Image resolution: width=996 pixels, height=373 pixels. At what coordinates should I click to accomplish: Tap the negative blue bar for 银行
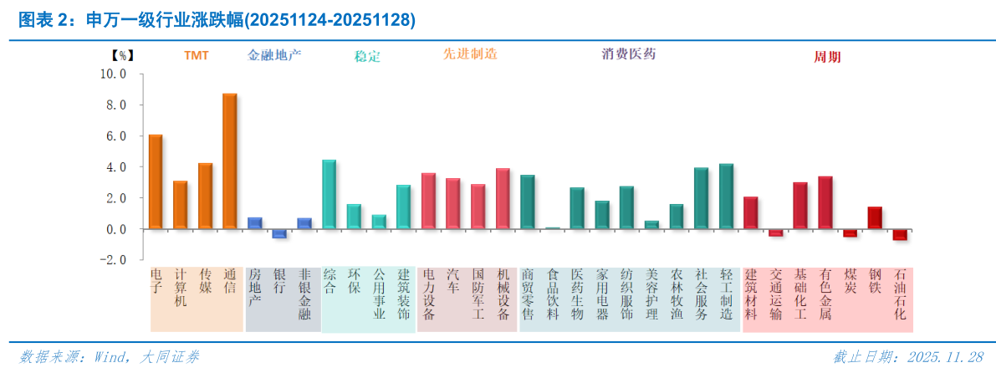(279, 233)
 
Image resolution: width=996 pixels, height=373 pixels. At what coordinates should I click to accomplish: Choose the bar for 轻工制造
(726, 196)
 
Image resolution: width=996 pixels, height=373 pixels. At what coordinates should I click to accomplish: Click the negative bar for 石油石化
(900, 234)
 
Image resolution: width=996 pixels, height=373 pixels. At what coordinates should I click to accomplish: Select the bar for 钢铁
(875, 217)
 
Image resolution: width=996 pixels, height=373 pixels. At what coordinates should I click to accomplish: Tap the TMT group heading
(197, 56)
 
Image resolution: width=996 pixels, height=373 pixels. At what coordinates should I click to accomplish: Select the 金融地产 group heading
(274, 56)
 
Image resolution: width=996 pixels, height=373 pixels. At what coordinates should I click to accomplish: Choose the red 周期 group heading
(827, 57)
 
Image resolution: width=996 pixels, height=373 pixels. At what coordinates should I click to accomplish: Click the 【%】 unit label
(122, 56)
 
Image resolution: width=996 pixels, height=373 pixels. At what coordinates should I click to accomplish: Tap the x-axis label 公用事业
(379, 294)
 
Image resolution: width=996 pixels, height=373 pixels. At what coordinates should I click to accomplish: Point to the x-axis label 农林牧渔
(677, 294)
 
